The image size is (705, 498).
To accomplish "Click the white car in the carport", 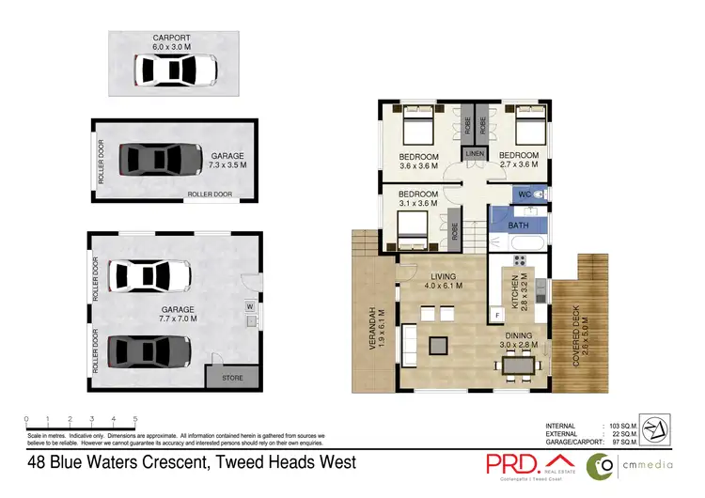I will coord(176,70).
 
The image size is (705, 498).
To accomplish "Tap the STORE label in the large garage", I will coord(232,378).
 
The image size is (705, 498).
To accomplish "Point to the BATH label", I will coord(518,226).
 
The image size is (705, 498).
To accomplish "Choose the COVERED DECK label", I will coord(577,326).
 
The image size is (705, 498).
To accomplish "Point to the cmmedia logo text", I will coord(656,464).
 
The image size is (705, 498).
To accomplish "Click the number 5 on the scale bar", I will coord(135,418).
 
